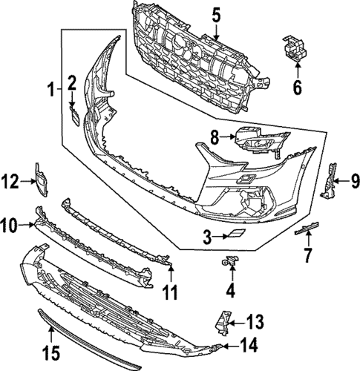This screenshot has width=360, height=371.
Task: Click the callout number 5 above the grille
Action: point(216,14)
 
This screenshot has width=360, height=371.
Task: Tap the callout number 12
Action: point(10,179)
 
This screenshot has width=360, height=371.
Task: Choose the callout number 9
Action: point(355,179)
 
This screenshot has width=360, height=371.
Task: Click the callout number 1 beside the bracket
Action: point(51,91)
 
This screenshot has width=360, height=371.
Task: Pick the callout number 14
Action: point(252,346)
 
